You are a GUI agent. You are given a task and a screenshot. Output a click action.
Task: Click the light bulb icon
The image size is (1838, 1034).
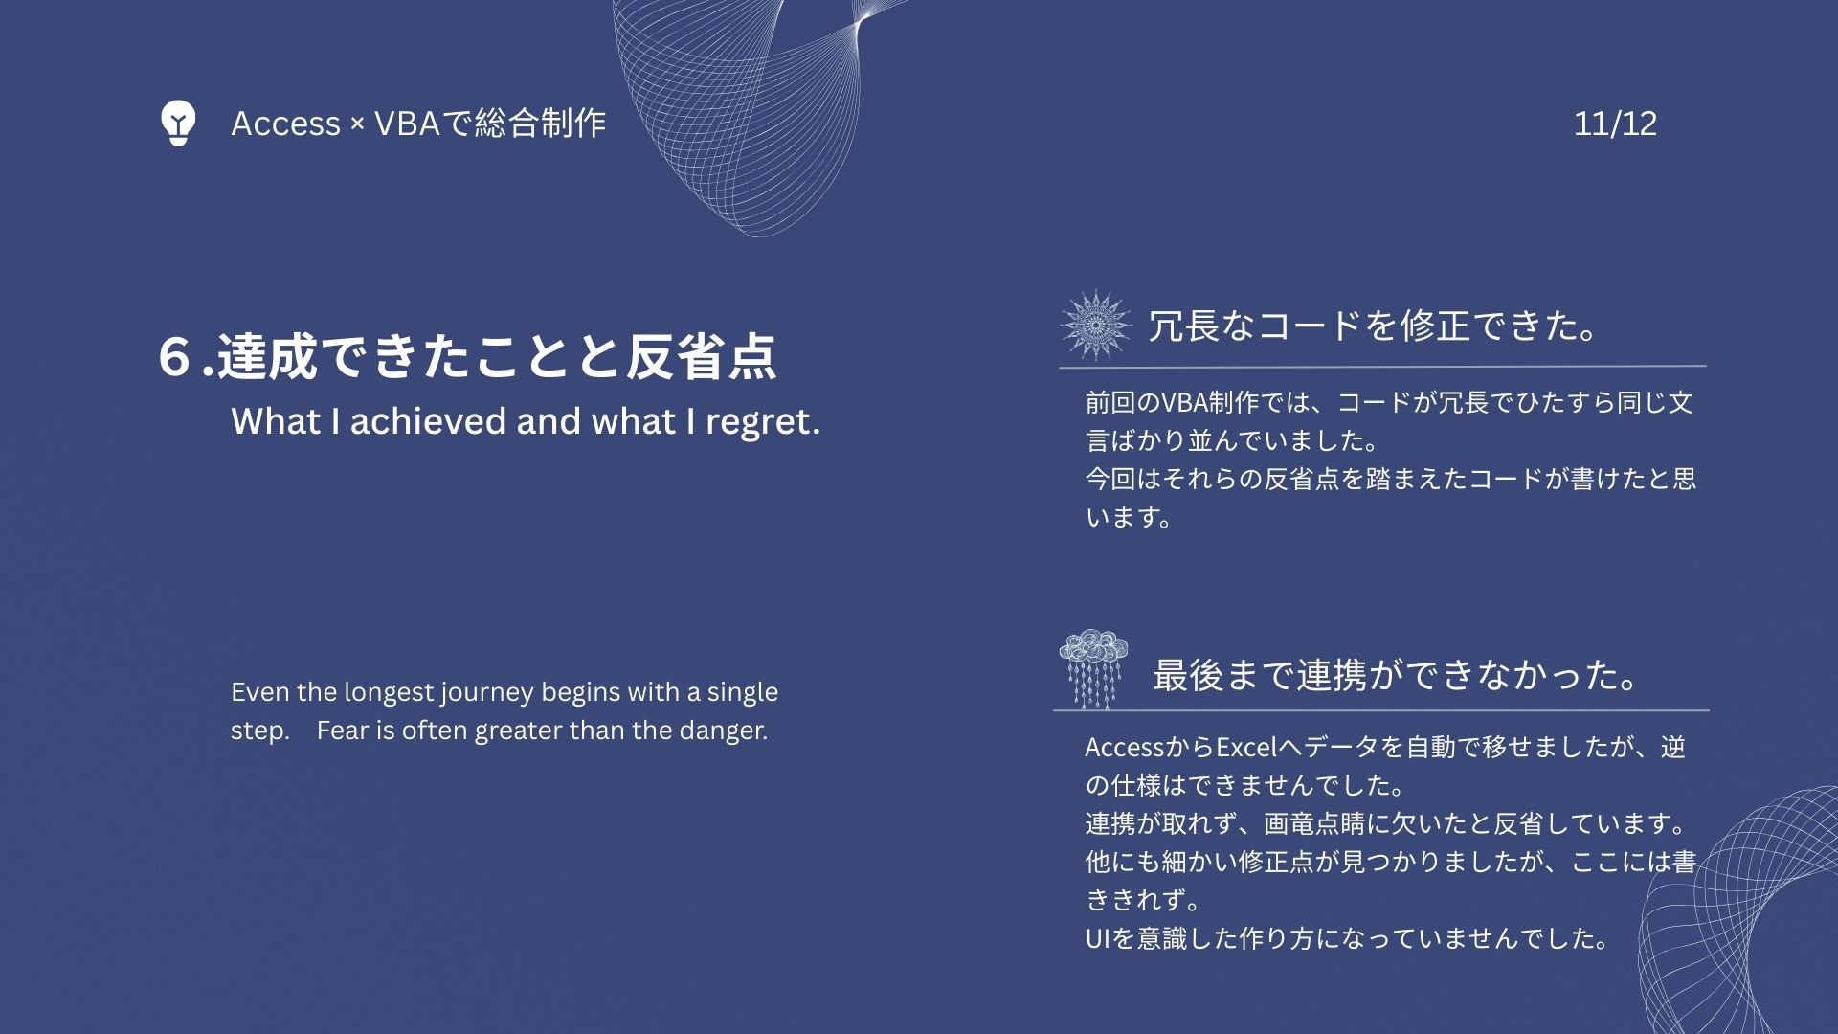178,123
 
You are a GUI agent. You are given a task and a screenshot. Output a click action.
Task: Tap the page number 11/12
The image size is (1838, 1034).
1615,124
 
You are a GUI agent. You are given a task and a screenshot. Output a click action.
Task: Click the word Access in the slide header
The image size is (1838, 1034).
285,124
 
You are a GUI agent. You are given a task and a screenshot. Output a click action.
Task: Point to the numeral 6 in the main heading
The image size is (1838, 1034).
175,356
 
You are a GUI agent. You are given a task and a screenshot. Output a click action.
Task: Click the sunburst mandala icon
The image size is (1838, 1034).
1096,326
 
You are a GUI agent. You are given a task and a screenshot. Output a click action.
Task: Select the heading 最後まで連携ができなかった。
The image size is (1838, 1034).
1396,675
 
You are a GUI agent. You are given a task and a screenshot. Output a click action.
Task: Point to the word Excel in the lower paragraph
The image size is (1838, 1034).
1246,748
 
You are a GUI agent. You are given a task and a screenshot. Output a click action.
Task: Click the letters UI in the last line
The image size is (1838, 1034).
1097,939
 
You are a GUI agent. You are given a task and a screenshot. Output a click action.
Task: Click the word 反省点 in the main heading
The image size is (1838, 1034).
701,357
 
